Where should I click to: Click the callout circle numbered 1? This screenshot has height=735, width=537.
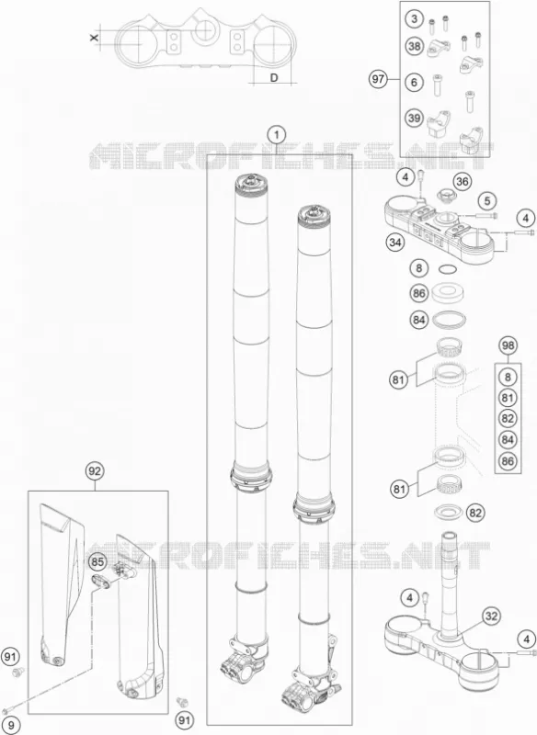tap(277, 135)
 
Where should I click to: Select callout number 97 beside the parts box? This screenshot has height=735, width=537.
tap(378, 79)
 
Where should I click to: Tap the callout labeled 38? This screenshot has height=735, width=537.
tap(414, 47)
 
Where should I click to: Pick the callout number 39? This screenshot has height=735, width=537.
tap(414, 119)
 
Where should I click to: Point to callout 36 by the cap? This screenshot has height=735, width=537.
tap(463, 182)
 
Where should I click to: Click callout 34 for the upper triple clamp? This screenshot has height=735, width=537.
tap(395, 243)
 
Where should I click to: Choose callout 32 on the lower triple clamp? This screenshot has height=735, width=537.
tap(491, 616)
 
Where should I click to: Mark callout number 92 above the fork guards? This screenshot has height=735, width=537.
tap(95, 471)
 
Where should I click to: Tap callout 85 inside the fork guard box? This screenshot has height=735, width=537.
tap(97, 561)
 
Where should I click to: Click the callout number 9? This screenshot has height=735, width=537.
tap(11, 726)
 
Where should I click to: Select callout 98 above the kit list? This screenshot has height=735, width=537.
tap(508, 346)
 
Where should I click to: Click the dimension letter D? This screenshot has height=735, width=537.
tap(274, 77)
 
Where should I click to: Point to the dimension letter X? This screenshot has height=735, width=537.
tap(95, 37)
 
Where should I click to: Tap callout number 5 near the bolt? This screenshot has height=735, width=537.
tap(487, 201)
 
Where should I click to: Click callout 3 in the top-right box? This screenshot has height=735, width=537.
tap(414, 19)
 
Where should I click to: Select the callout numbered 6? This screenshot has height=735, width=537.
tap(414, 83)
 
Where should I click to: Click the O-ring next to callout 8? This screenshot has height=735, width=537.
tap(448, 269)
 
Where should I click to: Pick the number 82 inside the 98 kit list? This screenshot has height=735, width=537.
tap(508, 419)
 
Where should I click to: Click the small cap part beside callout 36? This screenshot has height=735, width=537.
tap(443, 193)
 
